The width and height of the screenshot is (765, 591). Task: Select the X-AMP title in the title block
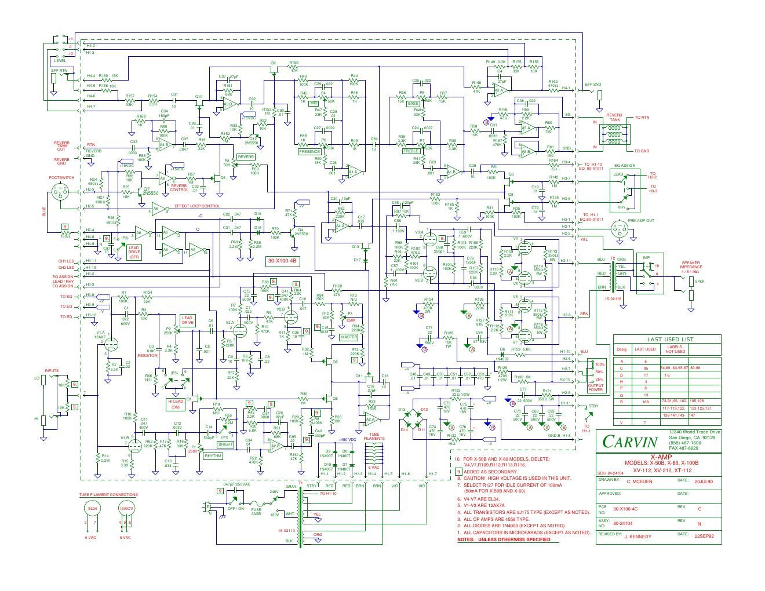coord(658,457)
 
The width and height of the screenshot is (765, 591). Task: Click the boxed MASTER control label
coord(349,337)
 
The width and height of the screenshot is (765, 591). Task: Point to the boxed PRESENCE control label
coord(309,151)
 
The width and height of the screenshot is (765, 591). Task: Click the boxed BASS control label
coord(413,104)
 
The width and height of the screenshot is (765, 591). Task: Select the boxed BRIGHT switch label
coord(225,444)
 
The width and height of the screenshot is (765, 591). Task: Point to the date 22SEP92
coord(704,536)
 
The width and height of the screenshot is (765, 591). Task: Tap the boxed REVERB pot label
coord(245,157)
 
